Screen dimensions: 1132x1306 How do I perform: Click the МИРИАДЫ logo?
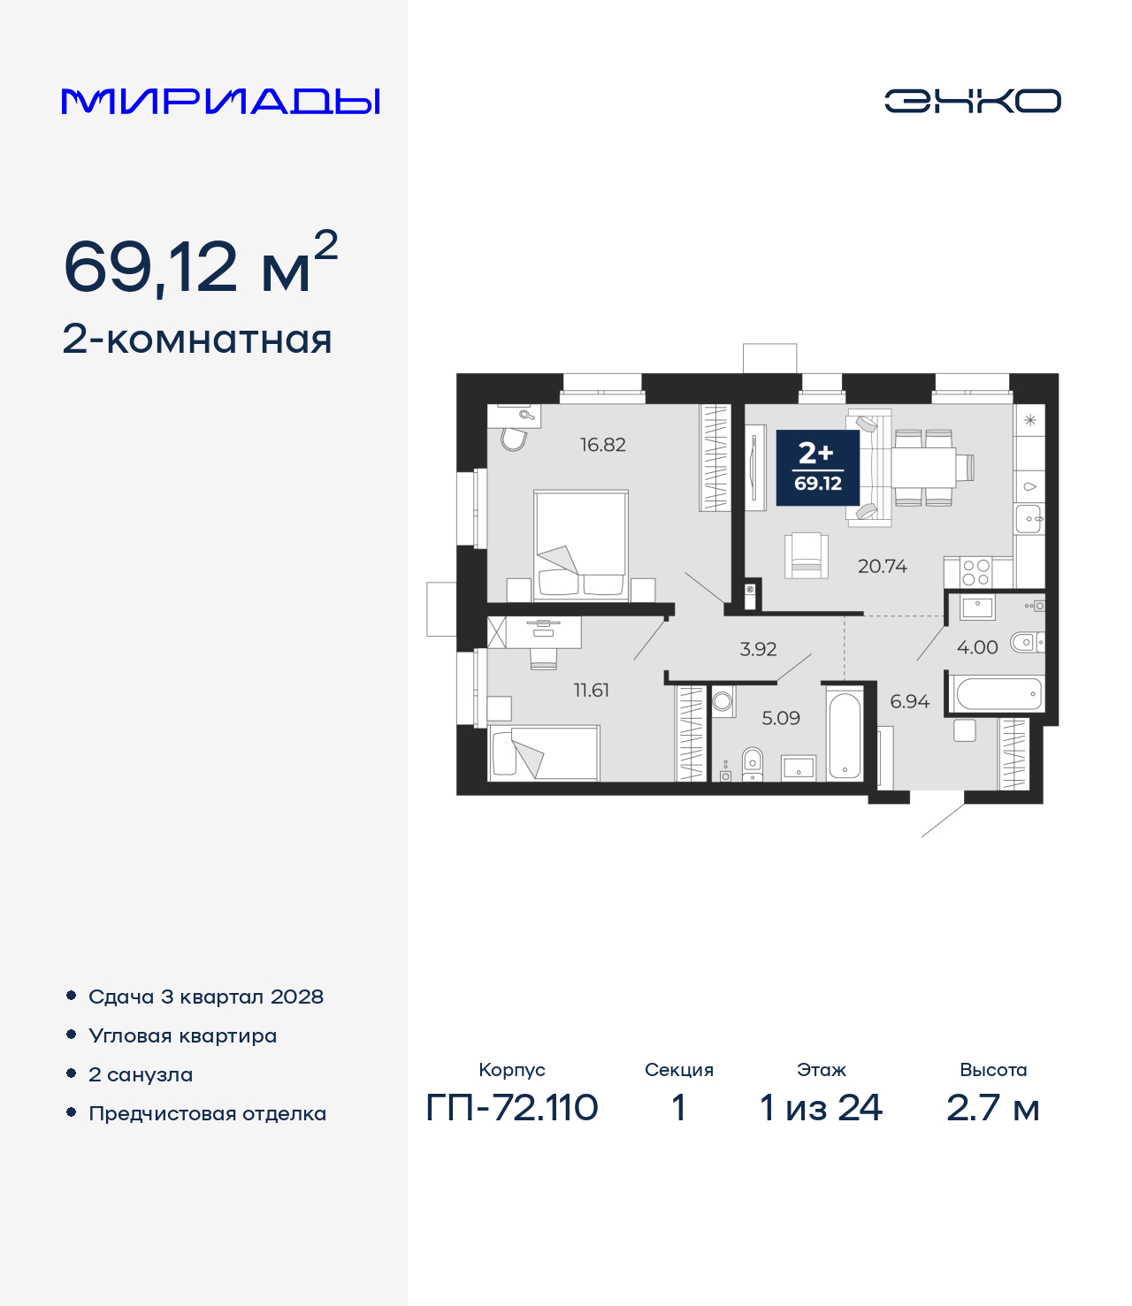click(220, 101)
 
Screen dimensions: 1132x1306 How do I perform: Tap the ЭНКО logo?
click(972, 101)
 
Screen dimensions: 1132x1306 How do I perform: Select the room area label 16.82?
click(603, 445)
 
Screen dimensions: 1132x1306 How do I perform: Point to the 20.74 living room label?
click(883, 566)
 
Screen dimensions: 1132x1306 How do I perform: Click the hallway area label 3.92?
click(758, 649)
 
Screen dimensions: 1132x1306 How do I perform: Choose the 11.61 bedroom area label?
click(591, 690)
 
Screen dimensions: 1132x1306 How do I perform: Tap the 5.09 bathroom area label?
click(781, 718)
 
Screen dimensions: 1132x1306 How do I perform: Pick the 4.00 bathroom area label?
click(977, 647)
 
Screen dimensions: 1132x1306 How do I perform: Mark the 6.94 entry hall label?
click(909, 701)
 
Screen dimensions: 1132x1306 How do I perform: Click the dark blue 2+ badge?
click(817, 468)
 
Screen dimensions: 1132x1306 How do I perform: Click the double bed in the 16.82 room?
click(581, 546)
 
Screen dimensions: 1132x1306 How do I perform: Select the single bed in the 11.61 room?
click(544, 753)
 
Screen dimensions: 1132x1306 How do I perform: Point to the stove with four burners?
click(975, 572)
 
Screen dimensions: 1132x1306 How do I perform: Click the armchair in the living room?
click(807, 555)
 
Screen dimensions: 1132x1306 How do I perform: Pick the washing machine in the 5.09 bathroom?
click(723, 701)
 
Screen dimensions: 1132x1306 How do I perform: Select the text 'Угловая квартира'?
click(183, 1036)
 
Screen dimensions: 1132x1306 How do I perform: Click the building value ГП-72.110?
click(512, 1108)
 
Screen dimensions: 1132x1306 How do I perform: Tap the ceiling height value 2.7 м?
click(993, 1108)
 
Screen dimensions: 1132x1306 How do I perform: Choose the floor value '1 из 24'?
click(821, 1108)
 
